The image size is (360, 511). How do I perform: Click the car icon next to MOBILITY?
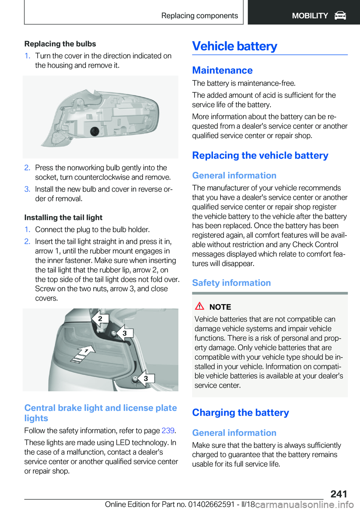pos(340,15)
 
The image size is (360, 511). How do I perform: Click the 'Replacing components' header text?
pos(199,15)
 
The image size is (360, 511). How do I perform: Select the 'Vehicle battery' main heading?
pos(234,46)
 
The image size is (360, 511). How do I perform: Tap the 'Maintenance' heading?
pos(222,70)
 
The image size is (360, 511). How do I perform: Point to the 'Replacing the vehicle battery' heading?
pos(260,155)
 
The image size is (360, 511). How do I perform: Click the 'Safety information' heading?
pos(231,283)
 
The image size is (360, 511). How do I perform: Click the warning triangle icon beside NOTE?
pos(199,306)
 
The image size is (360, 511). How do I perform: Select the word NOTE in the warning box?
pos(220,307)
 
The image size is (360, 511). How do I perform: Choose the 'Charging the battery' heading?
pos(240,413)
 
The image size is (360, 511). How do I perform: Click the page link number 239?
pos(168,430)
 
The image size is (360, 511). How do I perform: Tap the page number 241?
pos(339,494)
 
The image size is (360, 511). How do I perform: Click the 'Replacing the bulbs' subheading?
pos(60,44)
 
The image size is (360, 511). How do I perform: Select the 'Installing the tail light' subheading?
pos(63,218)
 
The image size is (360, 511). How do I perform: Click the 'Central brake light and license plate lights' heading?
pos(100,413)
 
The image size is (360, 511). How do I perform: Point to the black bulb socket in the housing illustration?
pos(94,131)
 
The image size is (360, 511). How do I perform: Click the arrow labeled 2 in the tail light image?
pos(100,319)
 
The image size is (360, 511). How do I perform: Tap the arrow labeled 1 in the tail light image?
pos(84,352)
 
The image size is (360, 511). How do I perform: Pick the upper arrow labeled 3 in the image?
pos(124,333)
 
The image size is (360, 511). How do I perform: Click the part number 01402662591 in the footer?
pos(211,504)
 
